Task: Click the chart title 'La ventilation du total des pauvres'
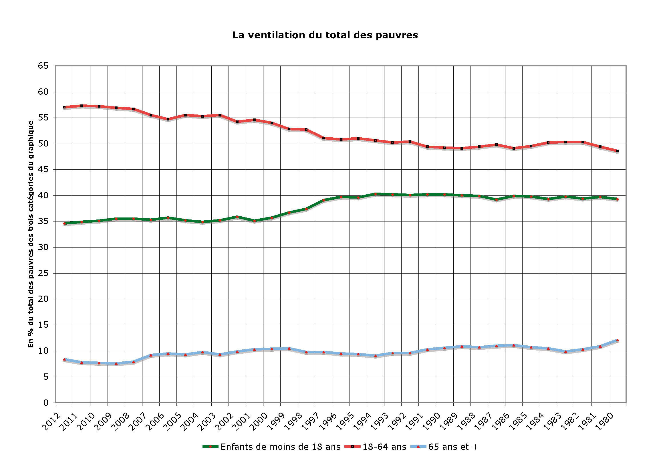point(325,35)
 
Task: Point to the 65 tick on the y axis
point(43,66)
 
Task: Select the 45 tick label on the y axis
point(43,170)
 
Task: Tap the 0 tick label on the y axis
point(46,403)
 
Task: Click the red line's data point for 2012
point(64,107)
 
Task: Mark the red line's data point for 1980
point(617,151)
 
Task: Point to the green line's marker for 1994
point(375,194)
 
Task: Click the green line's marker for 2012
point(64,223)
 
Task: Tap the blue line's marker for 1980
point(617,340)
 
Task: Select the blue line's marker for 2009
point(116,363)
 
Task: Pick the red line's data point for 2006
point(168,119)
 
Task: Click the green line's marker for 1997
point(323,200)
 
